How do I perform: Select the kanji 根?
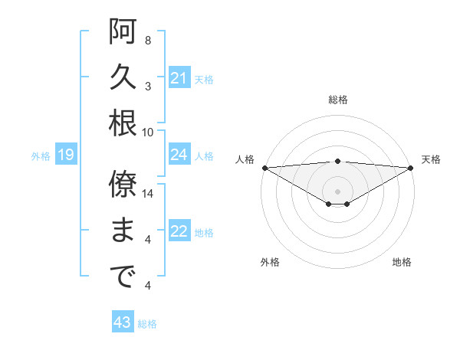coord(123,123)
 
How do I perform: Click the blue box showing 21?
coord(179,78)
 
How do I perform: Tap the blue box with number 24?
coord(179,155)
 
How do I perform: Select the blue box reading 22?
coord(179,232)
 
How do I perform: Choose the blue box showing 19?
coord(66,156)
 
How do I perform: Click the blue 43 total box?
coord(123,323)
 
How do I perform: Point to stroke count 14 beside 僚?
coord(149,194)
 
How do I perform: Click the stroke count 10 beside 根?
coord(149,132)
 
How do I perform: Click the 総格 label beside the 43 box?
coord(147,324)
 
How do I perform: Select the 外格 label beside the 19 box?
coord(41,156)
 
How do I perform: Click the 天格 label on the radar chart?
coord(431,159)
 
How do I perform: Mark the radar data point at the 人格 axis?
coord(264,167)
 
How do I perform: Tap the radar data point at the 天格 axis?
coord(411,167)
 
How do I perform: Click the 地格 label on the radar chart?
coord(402,262)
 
